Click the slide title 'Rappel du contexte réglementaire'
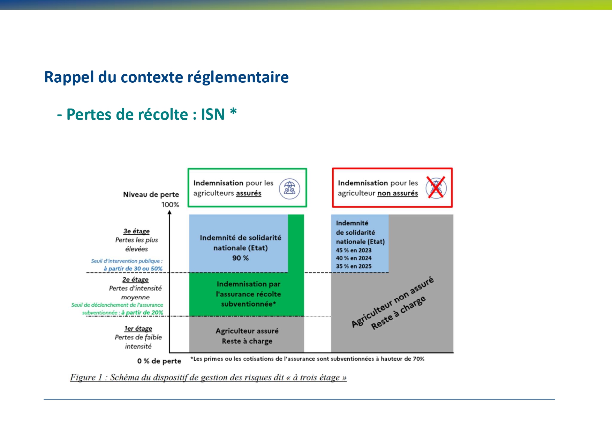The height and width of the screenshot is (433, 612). tap(166, 77)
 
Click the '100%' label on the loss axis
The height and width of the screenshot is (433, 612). tap(170, 204)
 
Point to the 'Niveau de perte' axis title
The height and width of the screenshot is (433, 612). tap(151, 194)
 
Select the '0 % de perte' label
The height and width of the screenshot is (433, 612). tap(159, 361)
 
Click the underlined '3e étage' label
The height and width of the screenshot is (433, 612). tap(136, 231)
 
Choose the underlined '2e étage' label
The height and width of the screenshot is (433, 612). tap(135, 279)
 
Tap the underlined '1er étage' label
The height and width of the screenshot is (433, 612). tap(138, 328)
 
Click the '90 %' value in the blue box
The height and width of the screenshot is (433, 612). tap(241, 258)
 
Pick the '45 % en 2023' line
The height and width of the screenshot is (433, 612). tap(354, 250)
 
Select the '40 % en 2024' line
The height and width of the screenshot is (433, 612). tap(354, 258)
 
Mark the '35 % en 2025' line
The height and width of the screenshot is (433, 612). tap(354, 266)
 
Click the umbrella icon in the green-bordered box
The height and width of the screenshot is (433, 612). tap(289, 189)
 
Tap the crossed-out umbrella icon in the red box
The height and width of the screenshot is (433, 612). tap(436, 188)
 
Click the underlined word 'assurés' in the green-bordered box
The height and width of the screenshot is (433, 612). tap(249, 193)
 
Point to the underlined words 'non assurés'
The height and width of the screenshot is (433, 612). tap(398, 193)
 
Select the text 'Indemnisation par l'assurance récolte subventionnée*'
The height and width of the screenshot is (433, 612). tap(249, 294)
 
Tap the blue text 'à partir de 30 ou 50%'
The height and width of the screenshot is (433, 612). tap(133, 269)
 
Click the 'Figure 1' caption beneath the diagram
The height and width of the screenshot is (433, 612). tap(208, 378)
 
